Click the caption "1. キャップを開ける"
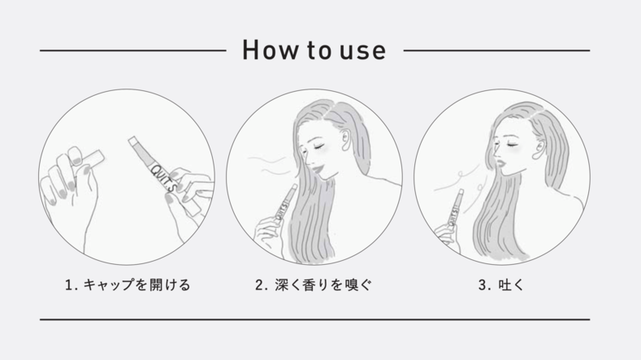pyautogui.click(x=128, y=284)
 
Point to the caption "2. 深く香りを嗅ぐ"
pyautogui.click(x=314, y=284)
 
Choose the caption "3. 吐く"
pyautogui.click(x=500, y=284)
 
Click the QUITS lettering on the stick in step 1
pyautogui.click(x=163, y=179)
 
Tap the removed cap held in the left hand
pyautogui.click(x=88, y=158)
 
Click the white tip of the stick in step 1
pyautogui.click(x=132, y=141)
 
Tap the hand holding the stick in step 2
pyautogui.click(x=268, y=232)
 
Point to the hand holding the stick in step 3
pyautogui.click(x=446, y=235)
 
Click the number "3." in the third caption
pyautogui.click(x=484, y=285)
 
